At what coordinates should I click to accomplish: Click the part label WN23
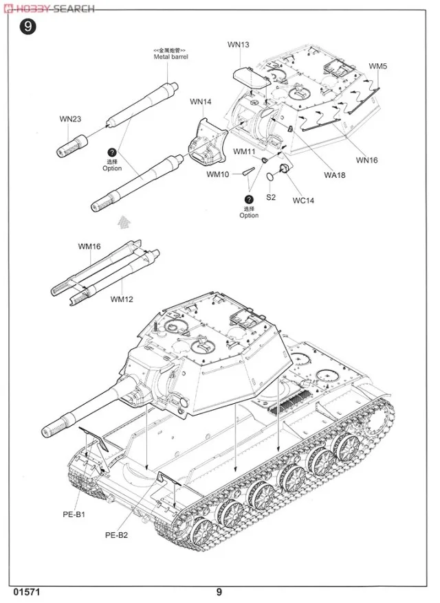coord(69,119)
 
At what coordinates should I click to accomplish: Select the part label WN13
coord(239,45)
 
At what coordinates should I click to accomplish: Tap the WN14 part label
coord(201,102)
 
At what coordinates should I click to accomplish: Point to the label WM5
coord(377,66)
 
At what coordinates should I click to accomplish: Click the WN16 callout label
coord(366,160)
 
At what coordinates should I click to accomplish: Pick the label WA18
coord(334,175)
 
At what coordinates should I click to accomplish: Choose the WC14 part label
coord(302,201)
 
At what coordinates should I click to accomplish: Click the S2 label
coord(271,197)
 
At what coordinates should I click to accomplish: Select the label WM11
coord(244,151)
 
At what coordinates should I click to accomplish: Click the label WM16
coord(89,246)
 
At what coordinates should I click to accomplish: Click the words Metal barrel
coord(170,57)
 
